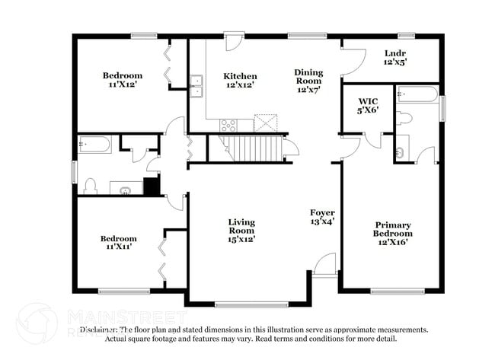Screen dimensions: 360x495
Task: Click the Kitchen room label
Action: pyautogui.click(x=240, y=81)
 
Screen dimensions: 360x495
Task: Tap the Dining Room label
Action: pyautogui.click(x=309, y=81)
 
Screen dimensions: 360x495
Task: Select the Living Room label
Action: pyautogui.click(x=241, y=230)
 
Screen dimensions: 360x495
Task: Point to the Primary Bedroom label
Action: pyautogui.click(x=392, y=233)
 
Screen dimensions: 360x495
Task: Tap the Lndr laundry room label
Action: pyautogui.click(x=394, y=57)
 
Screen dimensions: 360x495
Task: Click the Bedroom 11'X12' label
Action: pyautogui.click(x=123, y=80)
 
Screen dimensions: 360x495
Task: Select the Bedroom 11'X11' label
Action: pyautogui.click(x=119, y=243)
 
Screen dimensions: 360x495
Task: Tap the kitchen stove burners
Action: pyautogui.click(x=228, y=125)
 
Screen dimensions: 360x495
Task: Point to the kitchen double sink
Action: pyautogui.click(x=196, y=86)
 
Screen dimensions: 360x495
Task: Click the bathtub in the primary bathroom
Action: pyautogui.click(x=417, y=94)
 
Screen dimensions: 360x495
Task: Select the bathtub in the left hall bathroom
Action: pyautogui.click(x=95, y=144)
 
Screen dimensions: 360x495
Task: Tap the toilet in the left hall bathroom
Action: pyautogui.click(x=89, y=186)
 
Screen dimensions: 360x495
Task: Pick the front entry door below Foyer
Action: pyautogui.click(x=324, y=266)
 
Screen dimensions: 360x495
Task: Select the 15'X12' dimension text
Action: pyautogui.click(x=241, y=239)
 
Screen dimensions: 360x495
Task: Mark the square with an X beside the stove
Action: pyautogui.click(x=263, y=123)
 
